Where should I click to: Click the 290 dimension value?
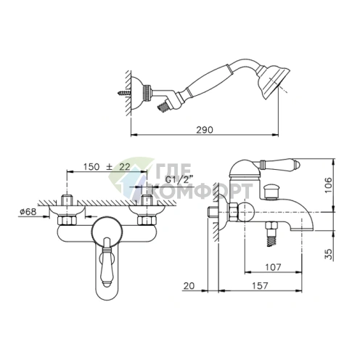click(205, 130)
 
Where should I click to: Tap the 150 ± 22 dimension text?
click(107, 167)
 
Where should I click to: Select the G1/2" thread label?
click(180, 179)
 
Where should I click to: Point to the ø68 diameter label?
click(28, 212)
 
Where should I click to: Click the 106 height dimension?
click(328, 185)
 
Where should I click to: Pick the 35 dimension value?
click(328, 254)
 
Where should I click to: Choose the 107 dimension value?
click(273, 267)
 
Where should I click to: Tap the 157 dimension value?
click(260, 286)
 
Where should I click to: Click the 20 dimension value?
click(189, 286)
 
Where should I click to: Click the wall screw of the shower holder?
click(124, 93)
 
